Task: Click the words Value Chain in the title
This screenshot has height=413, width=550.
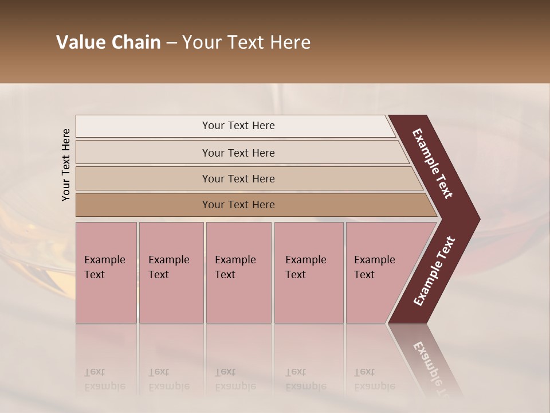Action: pyautogui.click(x=108, y=42)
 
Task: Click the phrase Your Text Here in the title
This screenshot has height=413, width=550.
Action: pyautogui.click(x=246, y=42)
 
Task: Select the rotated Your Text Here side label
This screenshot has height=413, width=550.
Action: pyautogui.click(x=66, y=165)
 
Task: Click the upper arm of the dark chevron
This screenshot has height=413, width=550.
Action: pyautogui.click(x=432, y=163)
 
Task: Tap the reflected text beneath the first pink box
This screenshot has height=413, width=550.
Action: pyautogui.click(x=104, y=379)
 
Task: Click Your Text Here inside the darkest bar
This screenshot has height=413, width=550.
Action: pyautogui.click(x=238, y=205)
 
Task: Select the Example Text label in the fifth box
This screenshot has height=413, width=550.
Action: pyautogui.click(x=374, y=267)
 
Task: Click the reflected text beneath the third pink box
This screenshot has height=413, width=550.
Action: pyautogui.click(x=235, y=379)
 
